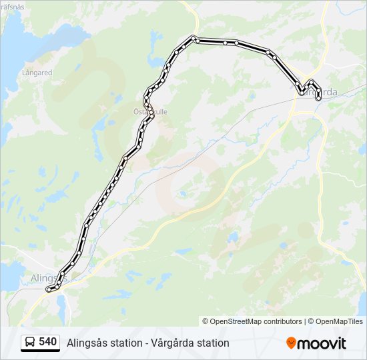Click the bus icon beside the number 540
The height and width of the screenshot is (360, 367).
click(x=30, y=343)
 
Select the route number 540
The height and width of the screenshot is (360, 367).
click(x=48, y=342)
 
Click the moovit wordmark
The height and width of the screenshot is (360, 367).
click(x=322, y=343)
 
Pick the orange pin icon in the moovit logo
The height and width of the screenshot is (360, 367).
click(x=291, y=343)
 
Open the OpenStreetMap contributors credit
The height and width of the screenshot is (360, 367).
click(x=256, y=321)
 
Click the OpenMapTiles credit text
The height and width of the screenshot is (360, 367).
click(x=340, y=321)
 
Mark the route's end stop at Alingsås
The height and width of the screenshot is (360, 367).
click(x=48, y=289)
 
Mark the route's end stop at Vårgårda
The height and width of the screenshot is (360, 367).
click(x=319, y=98)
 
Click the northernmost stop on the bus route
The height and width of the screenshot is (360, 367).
click(x=193, y=37)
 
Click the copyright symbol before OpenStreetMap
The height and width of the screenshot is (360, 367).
click(x=206, y=321)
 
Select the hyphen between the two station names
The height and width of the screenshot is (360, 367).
click(x=127, y=343)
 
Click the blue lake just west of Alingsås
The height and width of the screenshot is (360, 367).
click(x=9, y=275)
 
